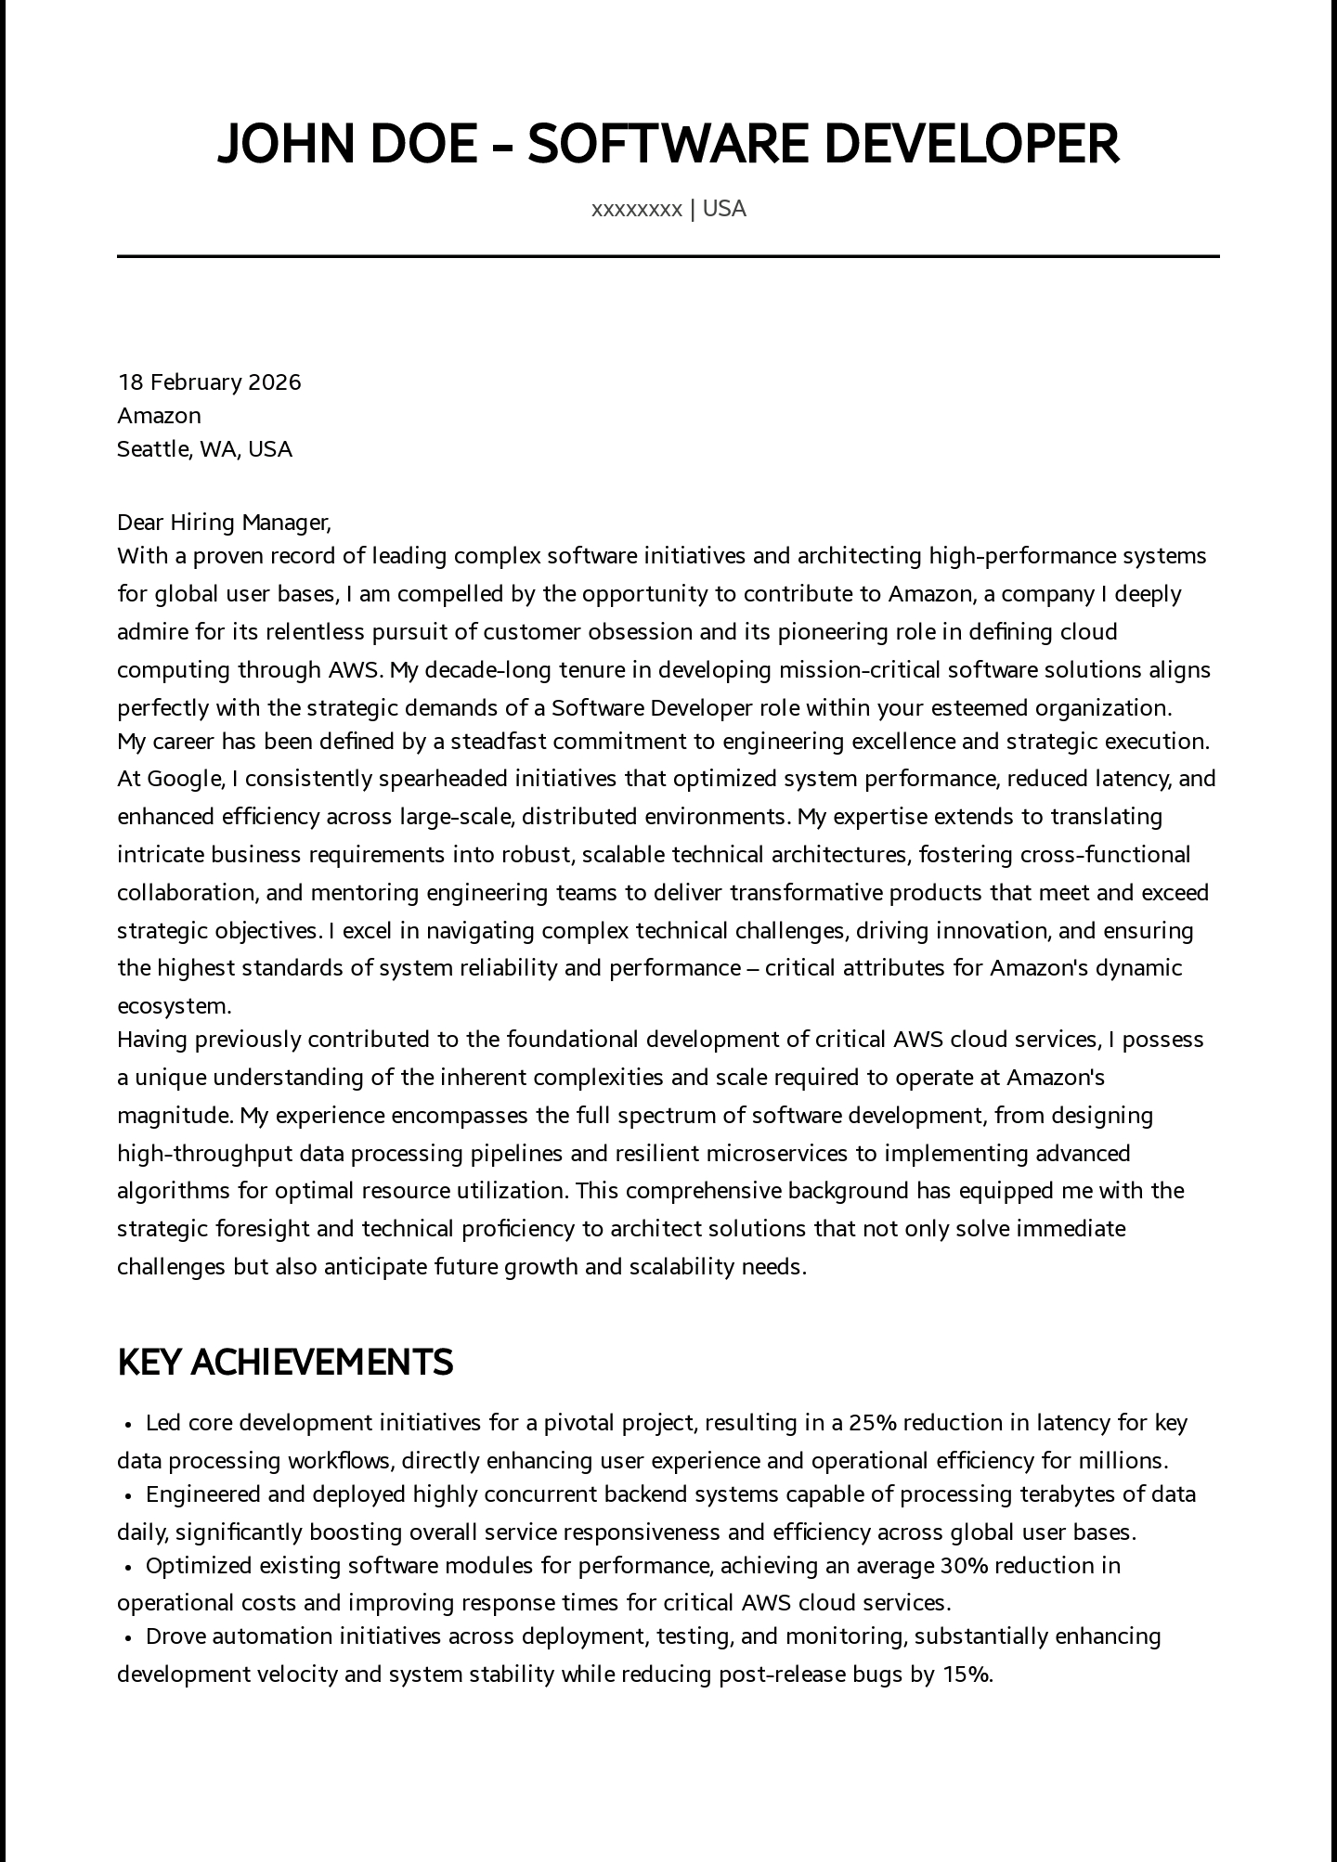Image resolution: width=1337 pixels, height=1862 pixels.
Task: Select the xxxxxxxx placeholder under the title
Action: (636, 209)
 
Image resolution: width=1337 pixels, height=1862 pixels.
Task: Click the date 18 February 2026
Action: (209, 382)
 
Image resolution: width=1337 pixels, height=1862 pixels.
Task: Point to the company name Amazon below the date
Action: (159, 416)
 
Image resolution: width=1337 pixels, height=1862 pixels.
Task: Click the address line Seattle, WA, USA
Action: (204, 449)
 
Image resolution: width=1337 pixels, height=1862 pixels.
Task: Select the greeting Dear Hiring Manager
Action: (223, 523)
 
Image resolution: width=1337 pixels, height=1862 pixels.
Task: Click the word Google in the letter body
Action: (183, 779)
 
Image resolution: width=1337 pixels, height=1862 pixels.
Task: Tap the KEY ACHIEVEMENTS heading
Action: (285, 1362)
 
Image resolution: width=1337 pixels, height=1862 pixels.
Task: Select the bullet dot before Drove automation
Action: (127, 1637)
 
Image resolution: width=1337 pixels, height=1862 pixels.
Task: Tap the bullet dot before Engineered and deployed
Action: (127, 1495)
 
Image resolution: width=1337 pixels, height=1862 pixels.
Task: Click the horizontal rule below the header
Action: (668, 256)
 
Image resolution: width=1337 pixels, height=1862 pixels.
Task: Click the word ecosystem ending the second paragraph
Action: (173, 1006)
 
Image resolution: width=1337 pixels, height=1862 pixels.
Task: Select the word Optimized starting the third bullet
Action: (199, 1566)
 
